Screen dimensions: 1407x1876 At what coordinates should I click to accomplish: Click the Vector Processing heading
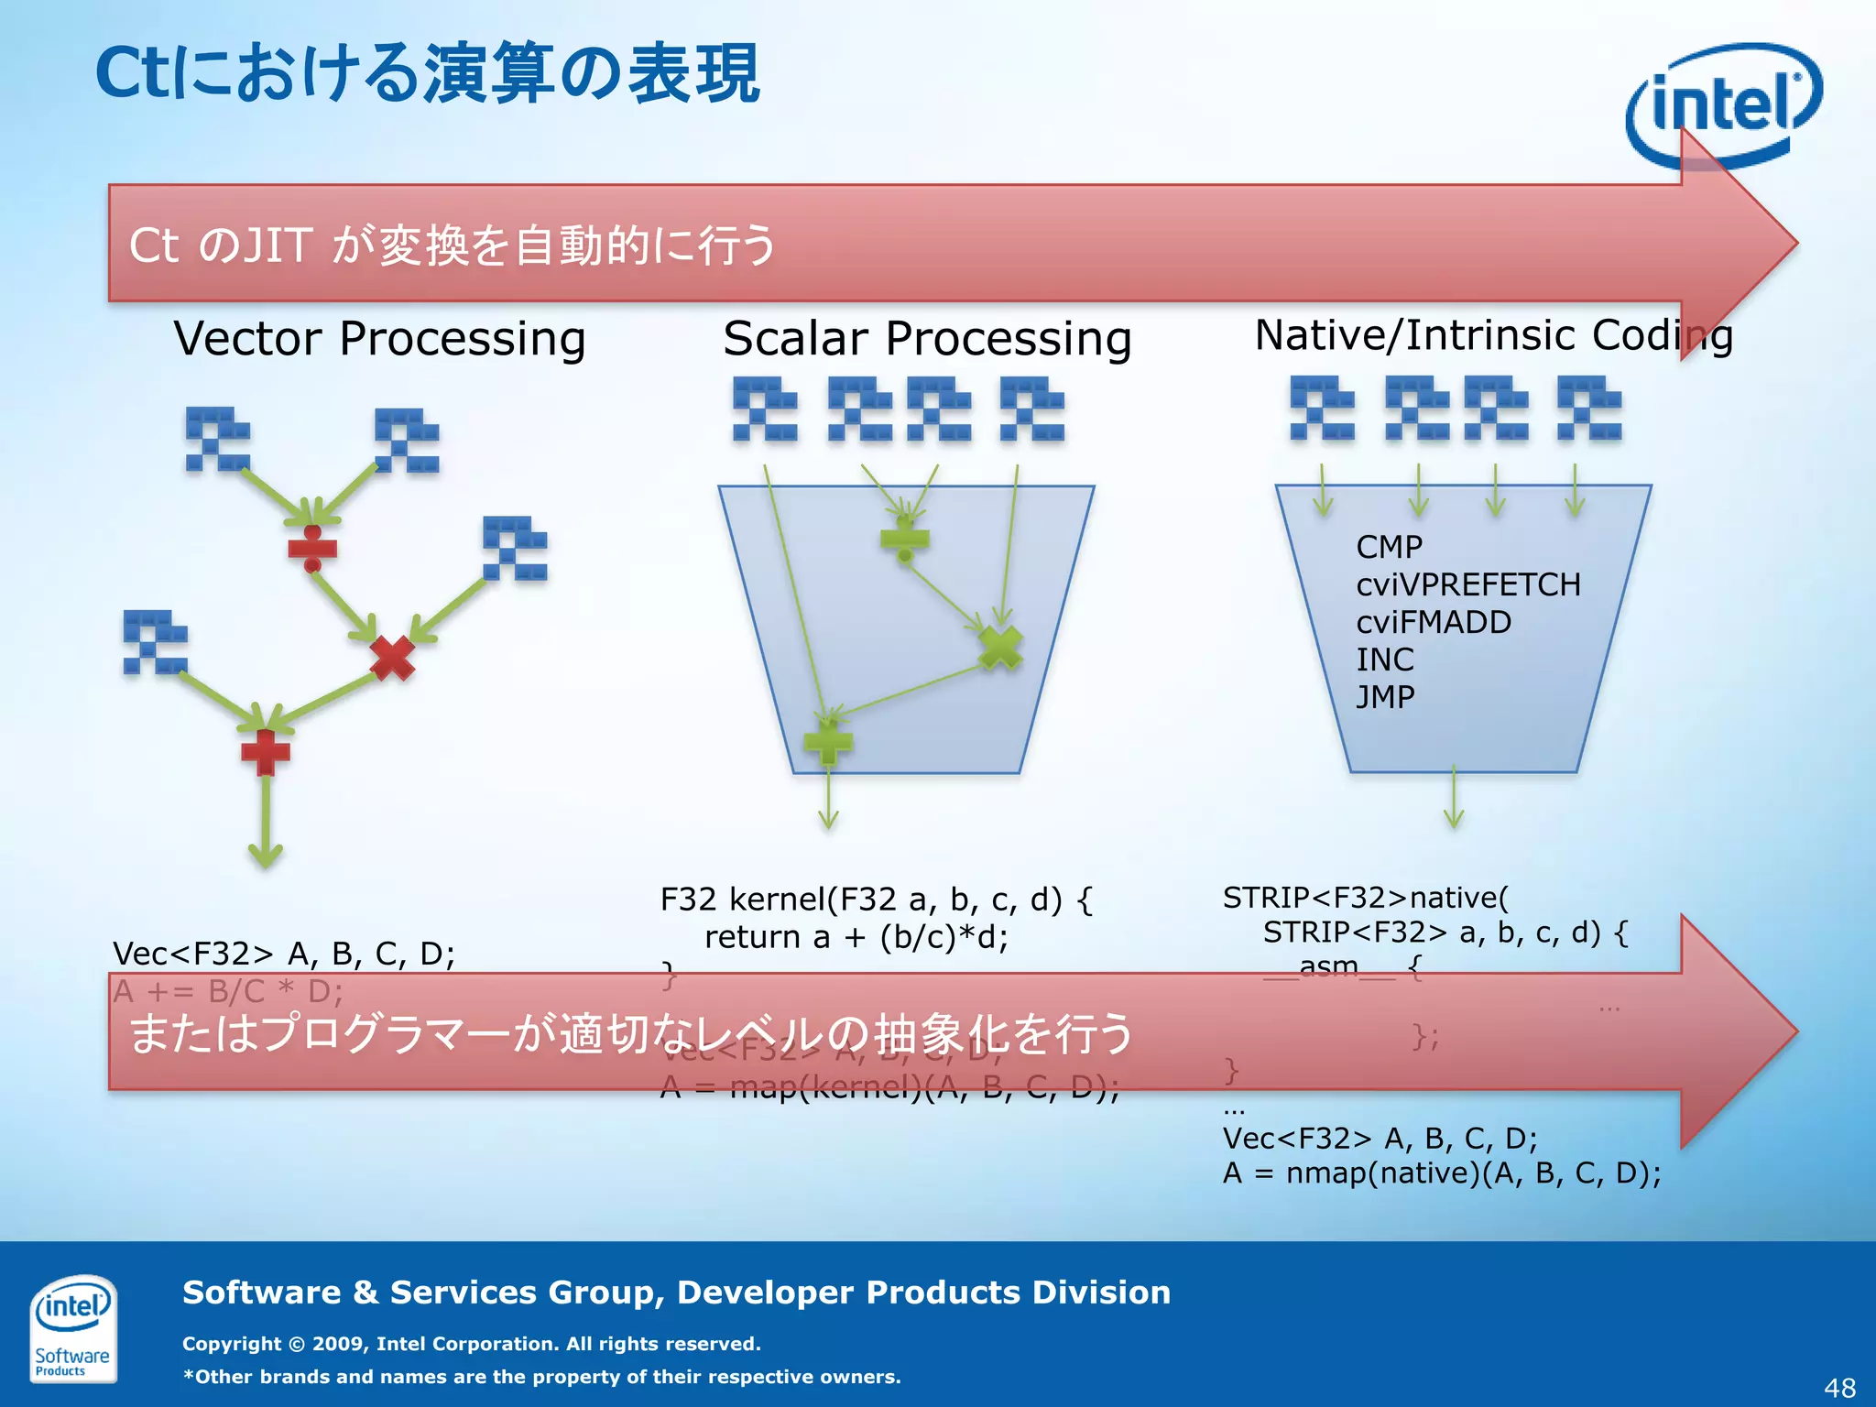point(379,339)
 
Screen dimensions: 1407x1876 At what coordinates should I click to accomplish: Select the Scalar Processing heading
point(927,339)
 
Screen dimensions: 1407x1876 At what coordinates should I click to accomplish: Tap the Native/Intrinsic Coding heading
point(1493,335)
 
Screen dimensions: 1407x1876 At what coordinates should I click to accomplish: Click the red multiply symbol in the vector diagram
point(392,657)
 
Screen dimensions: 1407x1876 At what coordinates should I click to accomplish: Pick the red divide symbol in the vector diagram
point(312,549)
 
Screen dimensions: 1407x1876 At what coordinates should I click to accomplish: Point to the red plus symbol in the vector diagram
point(266,752)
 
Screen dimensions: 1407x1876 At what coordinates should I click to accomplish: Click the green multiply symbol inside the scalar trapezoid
point(1000,648)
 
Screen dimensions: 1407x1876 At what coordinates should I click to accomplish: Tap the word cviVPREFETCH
point(1468,584)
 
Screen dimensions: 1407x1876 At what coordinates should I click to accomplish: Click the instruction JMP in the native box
point(1385,697)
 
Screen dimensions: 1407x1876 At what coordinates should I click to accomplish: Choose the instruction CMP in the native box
point(1389,547)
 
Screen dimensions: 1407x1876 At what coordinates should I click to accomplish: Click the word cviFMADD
point(1434,622)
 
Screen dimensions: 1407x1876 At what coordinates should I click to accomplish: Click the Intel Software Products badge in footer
point(72,1327)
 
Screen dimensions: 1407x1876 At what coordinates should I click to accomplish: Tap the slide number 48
point(1839,1388)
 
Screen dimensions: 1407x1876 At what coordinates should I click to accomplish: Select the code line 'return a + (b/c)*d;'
point(856,937)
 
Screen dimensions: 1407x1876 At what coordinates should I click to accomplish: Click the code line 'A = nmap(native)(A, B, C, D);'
point(1442,1173)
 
